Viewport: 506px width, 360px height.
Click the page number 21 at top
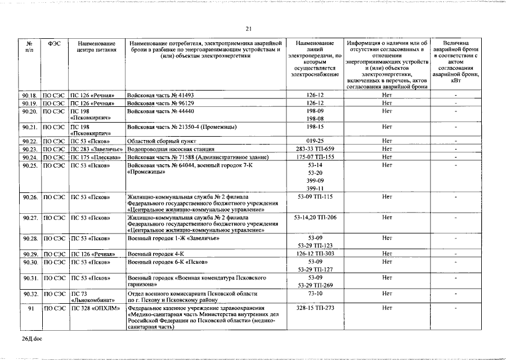tap(248, 29)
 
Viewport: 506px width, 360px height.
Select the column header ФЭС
tap(55, 43)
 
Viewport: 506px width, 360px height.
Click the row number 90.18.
tap(30, 96)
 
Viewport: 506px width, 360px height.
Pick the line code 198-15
tap(315, 127)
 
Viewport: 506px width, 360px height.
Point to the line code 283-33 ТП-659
tap(315, 149)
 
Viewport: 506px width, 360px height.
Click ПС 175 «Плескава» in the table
tap(96, 157)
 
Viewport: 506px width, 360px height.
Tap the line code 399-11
tap(315, 188)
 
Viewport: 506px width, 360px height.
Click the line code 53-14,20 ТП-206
tap(315, 217)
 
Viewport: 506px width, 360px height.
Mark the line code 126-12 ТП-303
tap(315, 254)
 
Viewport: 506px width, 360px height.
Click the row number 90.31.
tap(30, 278)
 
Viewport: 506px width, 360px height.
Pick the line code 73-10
tap(315, 294)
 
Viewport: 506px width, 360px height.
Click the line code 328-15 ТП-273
tap(315, 308)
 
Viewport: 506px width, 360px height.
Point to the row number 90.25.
tap(30, 165)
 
